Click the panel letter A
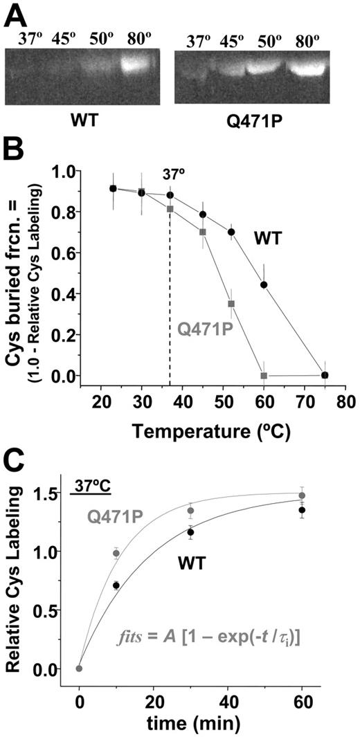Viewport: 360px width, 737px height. click(x=15, y=15)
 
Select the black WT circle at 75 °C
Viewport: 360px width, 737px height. click(x=325, y=375)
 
